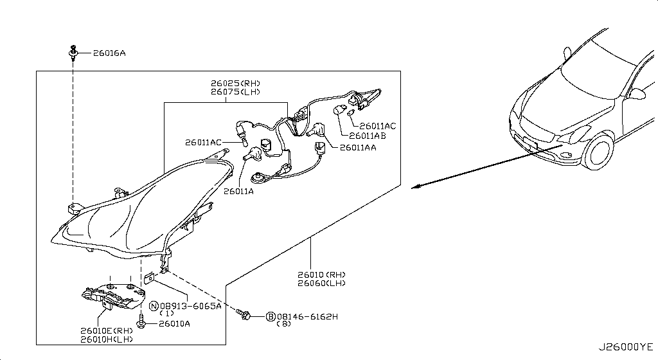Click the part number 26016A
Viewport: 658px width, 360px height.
click(x=109, y=53)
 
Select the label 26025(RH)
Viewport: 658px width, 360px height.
click(x=235, y=84)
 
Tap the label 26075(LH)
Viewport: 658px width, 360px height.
click(x=235, y=92)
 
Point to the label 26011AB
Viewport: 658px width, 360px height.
click(x=367, y=136)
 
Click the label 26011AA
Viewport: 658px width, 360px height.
click(x=358, y=148)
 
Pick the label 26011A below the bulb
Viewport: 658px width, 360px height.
click(x=238, y=192)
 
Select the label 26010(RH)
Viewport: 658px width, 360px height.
click(x=322, y=275)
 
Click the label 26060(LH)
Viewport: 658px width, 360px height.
click(x=322, y=283)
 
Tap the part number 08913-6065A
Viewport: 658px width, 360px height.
click(x=190, y=306)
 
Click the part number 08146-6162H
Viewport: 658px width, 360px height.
click(x=307, y=316)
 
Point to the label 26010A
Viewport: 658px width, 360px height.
click(x=174, y=323)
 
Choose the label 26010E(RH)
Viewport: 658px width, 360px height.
click(x=107, y=331)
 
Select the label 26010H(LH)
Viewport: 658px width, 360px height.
click(x=107, y=339)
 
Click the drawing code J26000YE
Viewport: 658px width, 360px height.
click(x=626, y=347)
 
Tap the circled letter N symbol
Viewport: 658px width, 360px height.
click(x=154, y=306)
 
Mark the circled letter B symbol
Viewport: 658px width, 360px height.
click(x=271, y=316)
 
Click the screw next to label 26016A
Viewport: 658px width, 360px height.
click(x=73, y=53)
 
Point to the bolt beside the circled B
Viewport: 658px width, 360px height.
click(x=243, y=314)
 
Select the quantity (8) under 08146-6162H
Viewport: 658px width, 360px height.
click(x=283, y=323)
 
